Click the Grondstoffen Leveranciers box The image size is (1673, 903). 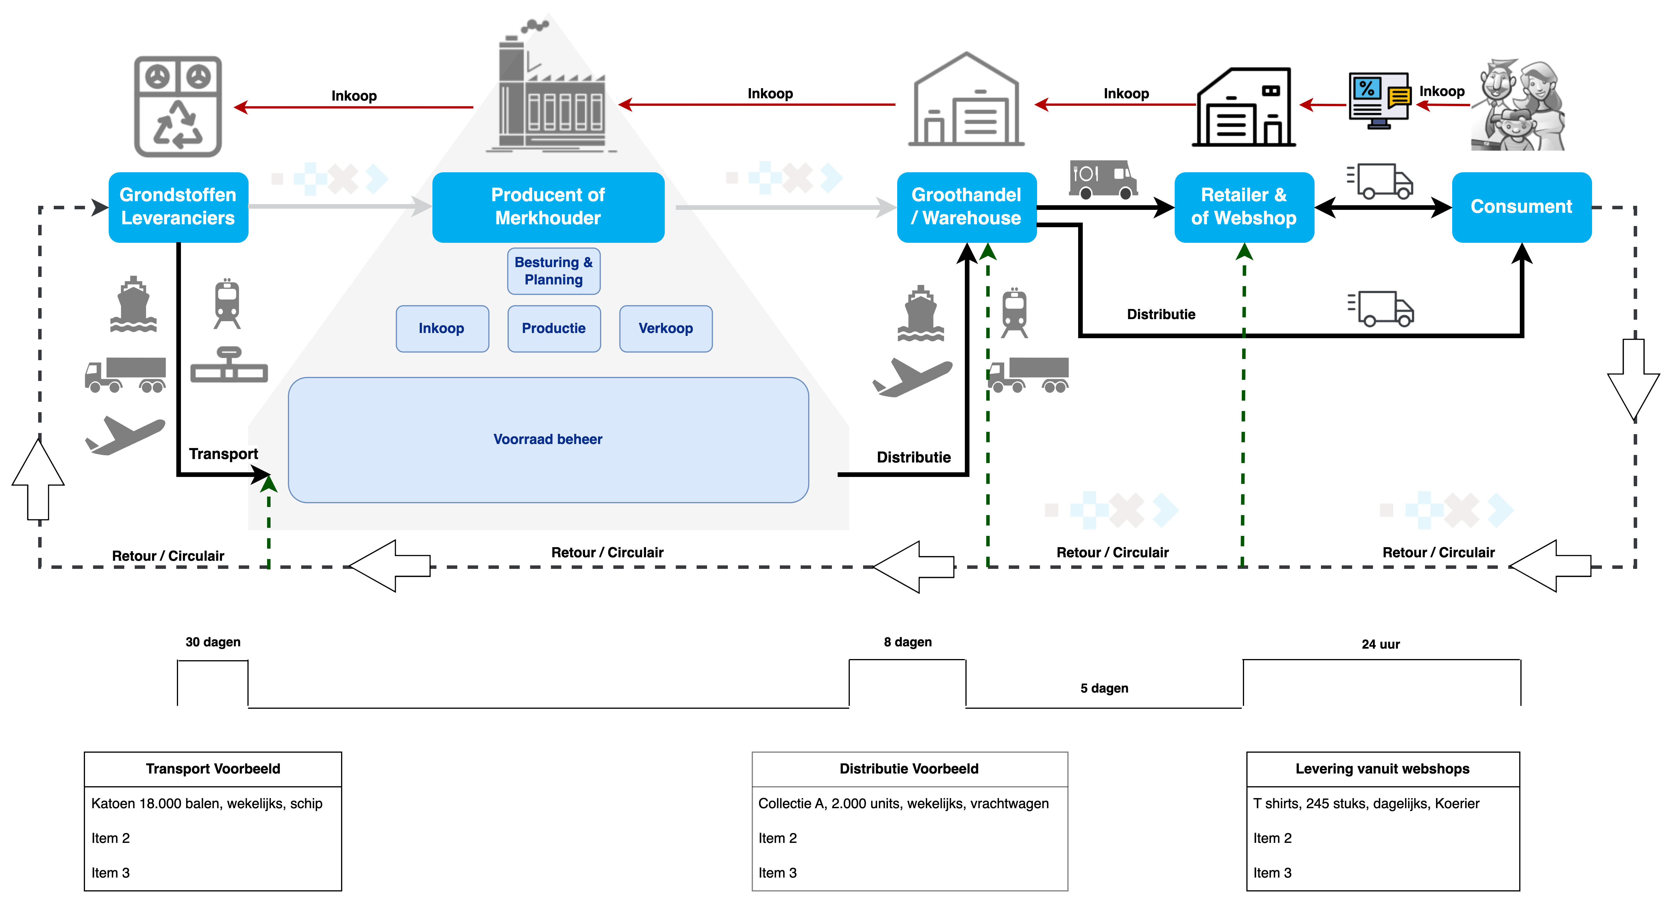pyautogui.click(x=178, y=207)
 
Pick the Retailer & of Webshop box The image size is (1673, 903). pyautogui.click(x=1244, y=207)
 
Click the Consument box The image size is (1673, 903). pyautogui.click(x=1521, y=207)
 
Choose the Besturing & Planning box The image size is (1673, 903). pyautogui.click(x=553, y=271)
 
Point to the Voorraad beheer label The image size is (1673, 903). pyautogui.click(x=547, y=439)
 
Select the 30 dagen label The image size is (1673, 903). pyautogui.click(x=213, y=642)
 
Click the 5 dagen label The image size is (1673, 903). pyautogui.click(x=1104, y=688)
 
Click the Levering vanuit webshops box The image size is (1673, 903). pyautogui.click(x=1382, y=769)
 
